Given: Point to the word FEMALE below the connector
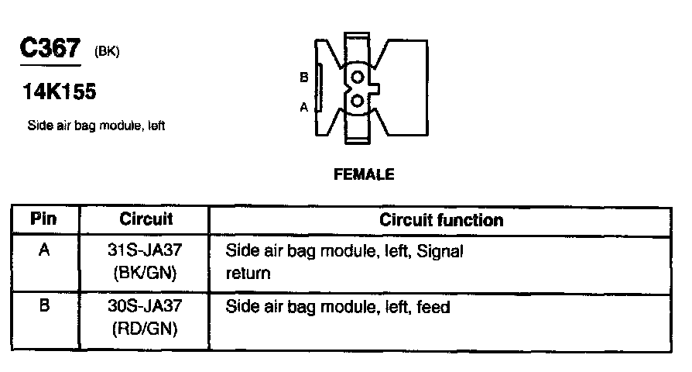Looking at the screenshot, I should click(x=363, y=174).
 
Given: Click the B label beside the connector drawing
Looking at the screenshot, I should click(x=304, y=77).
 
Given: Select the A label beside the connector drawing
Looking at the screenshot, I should click(x=304, y=108).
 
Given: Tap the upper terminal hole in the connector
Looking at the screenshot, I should click(x=357, y=77).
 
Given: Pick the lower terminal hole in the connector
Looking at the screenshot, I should click(x=357, y=101).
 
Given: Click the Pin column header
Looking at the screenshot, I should click(x=43, y=219).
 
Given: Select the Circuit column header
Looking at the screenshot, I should click(x=146, y=219).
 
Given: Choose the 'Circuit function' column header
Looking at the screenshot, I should click(x=441, y=220).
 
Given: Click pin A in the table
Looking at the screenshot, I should click(x=44, y=251).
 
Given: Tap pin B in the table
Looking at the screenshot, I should click(x=44, y=306).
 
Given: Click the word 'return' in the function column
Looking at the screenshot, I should click(x=248, y=274).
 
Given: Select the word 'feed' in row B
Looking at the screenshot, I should click(x=433, y=307).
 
